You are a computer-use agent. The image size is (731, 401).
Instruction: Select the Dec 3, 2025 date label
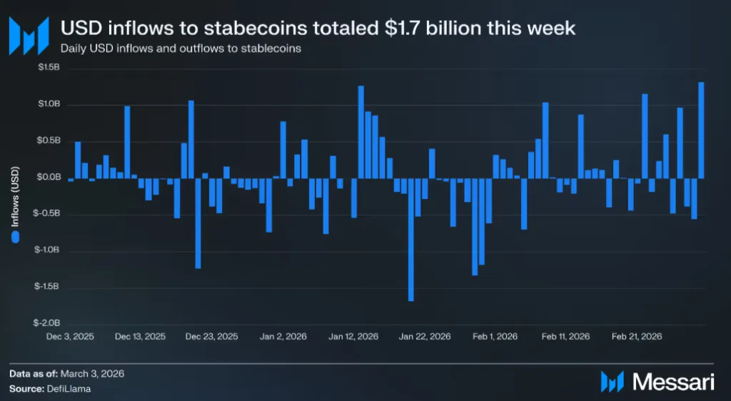click(x=70, y=336)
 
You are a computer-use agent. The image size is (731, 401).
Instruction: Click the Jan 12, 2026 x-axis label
click(x=353, y=336)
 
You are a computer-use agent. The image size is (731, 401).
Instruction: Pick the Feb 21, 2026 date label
click(x=637, y=336)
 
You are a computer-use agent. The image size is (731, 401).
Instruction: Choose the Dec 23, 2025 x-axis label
click(x=212, y=336)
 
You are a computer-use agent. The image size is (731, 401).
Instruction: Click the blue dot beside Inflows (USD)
click(x=15, y=238)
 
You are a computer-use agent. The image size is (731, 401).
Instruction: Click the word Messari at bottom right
click(x=674, y=382)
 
